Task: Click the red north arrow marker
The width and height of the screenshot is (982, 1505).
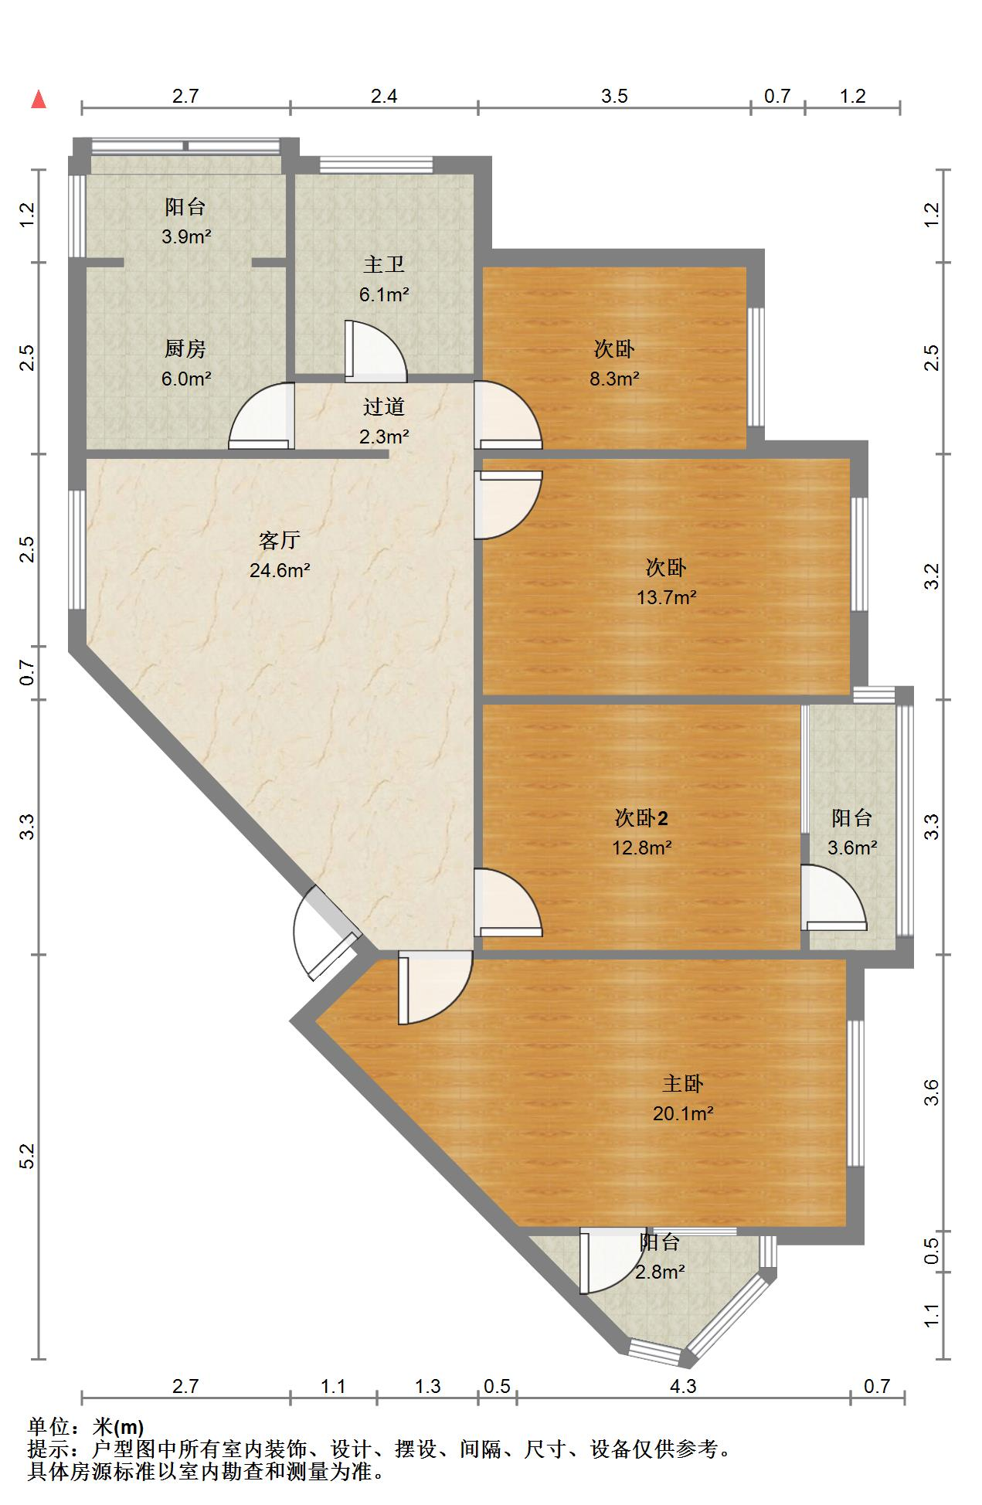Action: pyautogui.click(x=39, y=100)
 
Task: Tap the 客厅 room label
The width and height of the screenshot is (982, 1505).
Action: pyautogui.click(x=279, y=541)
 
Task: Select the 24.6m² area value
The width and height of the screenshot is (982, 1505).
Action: pyautogui.click(x=280, y=571)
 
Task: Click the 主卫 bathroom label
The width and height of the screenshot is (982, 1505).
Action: pyautogui.click(x=384, y=265)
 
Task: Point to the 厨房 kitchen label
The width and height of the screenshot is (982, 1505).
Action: pyautogui.click(x=185, y=349)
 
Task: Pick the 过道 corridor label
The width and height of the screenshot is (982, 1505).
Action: pyautogui.click(x=384, y=406)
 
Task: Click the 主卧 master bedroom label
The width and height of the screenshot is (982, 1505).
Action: pyautogui.click(x=683, y=1084)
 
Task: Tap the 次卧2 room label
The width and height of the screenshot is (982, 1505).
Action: pyautogui.click(x=641, y=817)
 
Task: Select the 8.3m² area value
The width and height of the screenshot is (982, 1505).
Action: pyautogui.click(x=614, y=379)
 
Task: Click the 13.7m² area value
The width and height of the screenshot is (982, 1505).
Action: pyautogui.click(x=667, y=597)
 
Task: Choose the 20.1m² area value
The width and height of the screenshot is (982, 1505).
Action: pyautogui.click(x=683, y=1113)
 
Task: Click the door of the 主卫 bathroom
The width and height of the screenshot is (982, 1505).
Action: pyautogui.click(x=375, y=351)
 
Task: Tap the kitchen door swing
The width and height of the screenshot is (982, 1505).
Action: pyautogui.click(x=261, y=416)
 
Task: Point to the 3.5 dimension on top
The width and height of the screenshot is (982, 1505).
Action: pyautogui.click(x=615, y=96)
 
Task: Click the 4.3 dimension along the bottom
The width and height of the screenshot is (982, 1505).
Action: pyautogui.click(x=683, y=1386)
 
